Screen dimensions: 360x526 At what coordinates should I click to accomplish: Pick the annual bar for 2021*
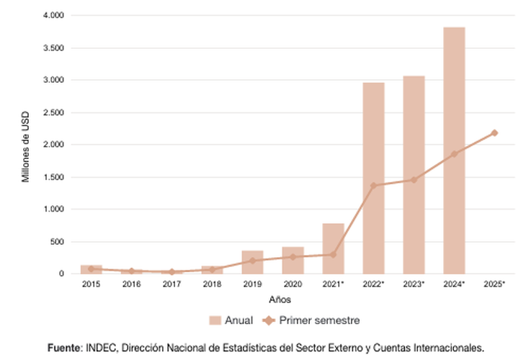tap(333, 248)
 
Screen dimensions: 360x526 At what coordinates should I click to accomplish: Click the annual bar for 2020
tap(293, 260)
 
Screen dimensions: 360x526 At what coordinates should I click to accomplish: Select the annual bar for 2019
tap(252, 262)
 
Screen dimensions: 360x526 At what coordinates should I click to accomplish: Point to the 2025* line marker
tap(494, 132)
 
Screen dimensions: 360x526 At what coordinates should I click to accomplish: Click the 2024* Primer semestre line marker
tap(454, 154)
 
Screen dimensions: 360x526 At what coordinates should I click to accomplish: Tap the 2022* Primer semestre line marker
tap(373, 186)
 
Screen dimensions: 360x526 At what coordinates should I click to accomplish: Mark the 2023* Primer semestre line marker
tap(414, 179)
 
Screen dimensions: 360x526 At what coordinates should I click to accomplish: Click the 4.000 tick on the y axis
tap(53, 16)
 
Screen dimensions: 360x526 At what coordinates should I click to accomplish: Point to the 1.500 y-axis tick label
tap(53, 177)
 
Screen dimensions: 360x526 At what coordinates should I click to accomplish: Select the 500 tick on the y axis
tap(58, 242)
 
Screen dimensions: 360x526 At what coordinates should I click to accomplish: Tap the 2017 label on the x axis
tap(171, 284)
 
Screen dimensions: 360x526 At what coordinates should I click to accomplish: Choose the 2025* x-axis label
tap(494, 284)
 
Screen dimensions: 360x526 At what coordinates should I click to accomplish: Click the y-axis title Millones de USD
tap(26, 145)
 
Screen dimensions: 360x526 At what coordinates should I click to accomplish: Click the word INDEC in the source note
tap(99, 347)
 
